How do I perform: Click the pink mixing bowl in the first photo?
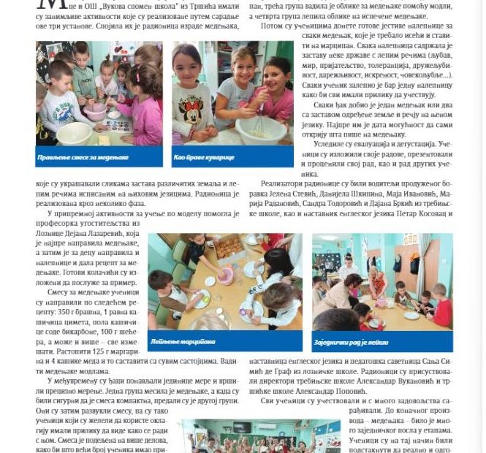pyautogui.click(x=95, y=113)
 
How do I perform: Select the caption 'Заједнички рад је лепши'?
pyautogui.click(x=352, y=340)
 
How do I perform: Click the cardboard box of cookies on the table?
pyautogui.click(x=229, y=247)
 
